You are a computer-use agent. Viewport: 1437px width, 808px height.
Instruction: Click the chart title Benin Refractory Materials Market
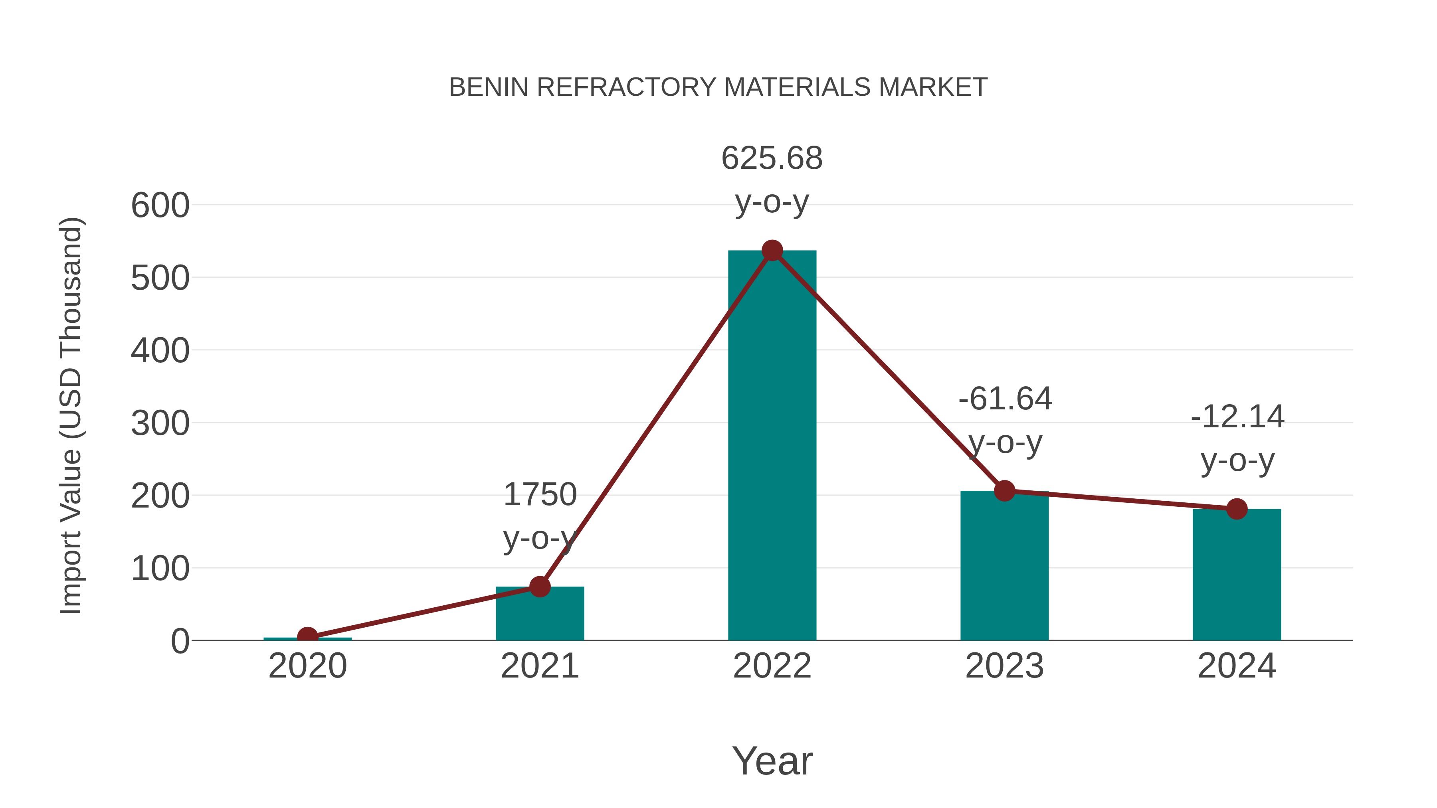click(x=718, y=87)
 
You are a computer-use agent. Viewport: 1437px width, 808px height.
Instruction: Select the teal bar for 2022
click(x=772, y=446)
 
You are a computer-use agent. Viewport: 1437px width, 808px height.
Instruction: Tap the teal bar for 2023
click(x=1004, y=566)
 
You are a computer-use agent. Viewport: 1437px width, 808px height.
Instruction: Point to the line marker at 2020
click(x=307, y=636)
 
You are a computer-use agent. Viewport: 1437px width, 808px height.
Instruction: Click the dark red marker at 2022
click(x=772, y=251)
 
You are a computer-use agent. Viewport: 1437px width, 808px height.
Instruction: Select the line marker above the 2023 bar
click(x=1004, y=491)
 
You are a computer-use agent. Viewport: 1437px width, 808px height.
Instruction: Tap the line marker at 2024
click(x=1237, y=509)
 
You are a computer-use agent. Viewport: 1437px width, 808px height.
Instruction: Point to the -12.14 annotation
click(x=1237, y=417)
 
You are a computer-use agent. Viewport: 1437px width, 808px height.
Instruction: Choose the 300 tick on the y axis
click(x=160, y=423)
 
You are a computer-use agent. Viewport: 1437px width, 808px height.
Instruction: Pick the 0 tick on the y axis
click(x=180, y=641)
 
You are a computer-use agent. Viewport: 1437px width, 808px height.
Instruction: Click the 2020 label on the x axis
click(x=307, y=666)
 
